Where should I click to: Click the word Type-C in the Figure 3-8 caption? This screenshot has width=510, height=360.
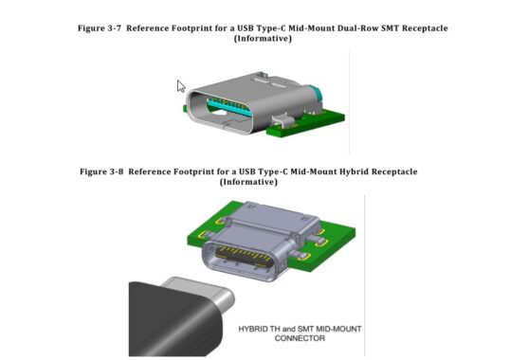(260, 171)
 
